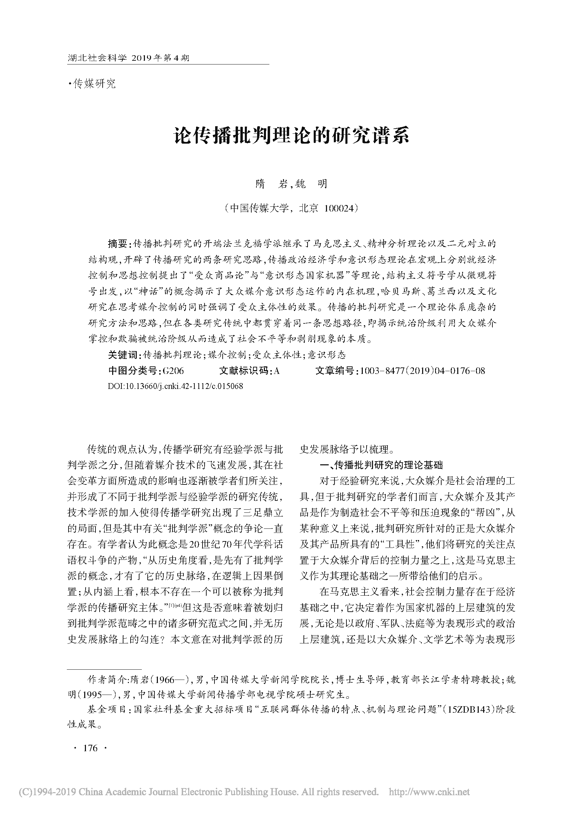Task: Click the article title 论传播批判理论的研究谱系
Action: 292,137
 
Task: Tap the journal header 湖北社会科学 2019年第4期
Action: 129,58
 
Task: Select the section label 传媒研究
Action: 94,84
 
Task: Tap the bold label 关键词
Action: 123,355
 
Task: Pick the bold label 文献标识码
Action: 244,371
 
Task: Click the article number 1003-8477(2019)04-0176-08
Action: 422,371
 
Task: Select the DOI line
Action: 175,386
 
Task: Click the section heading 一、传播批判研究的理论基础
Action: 381,465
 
